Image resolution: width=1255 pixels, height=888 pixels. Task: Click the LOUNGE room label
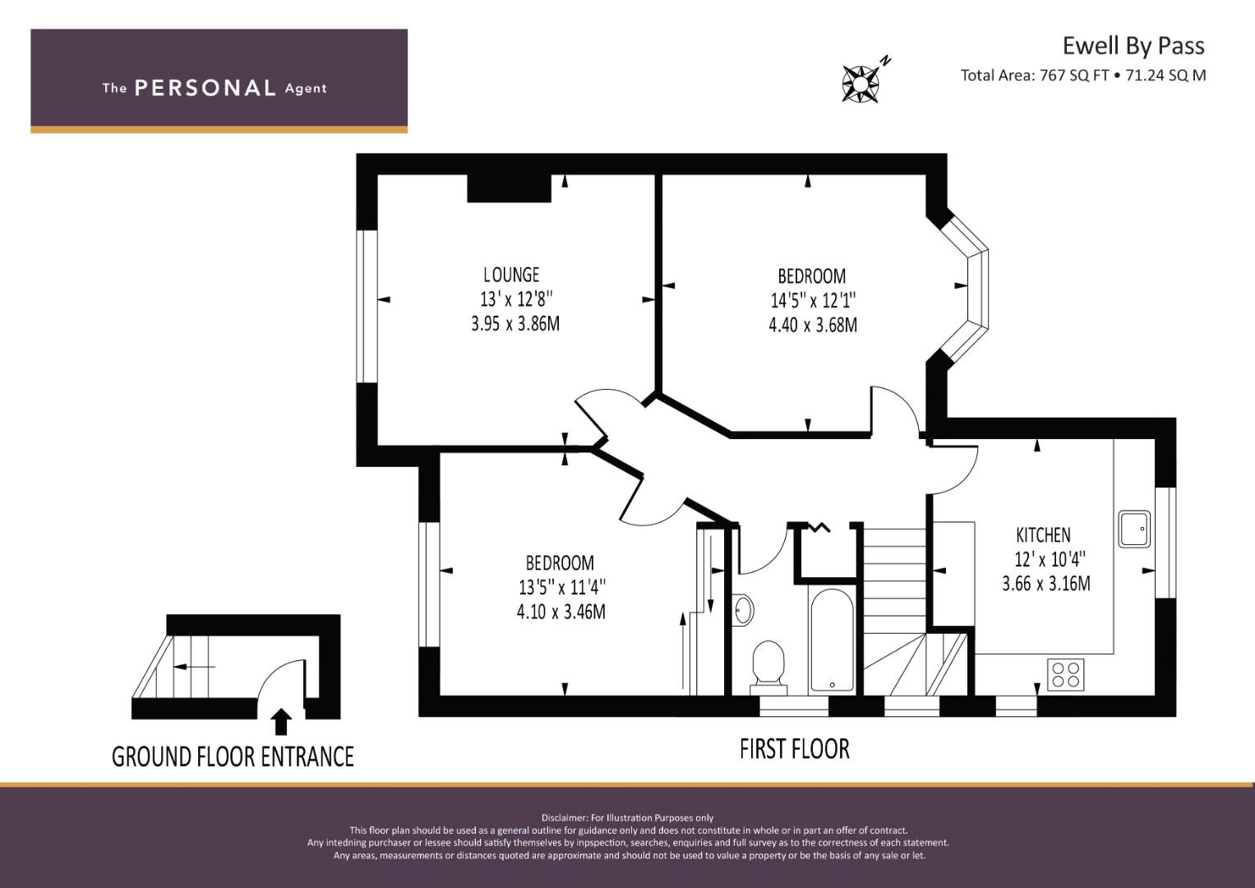click(x=511, y=275)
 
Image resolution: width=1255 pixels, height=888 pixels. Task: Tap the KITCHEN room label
click(x=1043, y=534)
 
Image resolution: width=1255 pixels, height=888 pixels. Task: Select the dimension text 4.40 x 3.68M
click(x=813, y=325)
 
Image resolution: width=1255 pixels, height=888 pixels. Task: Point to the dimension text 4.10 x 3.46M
click(x=561, y=611)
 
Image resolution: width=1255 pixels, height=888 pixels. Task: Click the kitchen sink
click(x=1134, y=529)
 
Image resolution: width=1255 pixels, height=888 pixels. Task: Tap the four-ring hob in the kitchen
click(x=1066, y=674)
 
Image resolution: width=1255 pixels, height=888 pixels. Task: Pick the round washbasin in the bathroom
click(x=744, y=610)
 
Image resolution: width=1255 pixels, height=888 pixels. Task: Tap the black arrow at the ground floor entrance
click(x=281, y=722)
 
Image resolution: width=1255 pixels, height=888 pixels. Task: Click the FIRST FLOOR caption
click(x=795, y=749)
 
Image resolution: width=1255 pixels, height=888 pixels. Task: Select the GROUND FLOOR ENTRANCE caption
click(x=233, y=756)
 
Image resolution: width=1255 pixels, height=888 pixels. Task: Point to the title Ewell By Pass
click(x=1133, y=46)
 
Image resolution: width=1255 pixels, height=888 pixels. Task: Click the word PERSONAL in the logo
click(x=205, y=88)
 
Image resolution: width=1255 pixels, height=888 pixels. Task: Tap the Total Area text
click(x=1083, y=75)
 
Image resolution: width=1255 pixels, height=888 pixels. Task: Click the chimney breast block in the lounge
click(x=510, y=188)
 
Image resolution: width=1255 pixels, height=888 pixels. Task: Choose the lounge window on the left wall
click(x=367, y=306)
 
